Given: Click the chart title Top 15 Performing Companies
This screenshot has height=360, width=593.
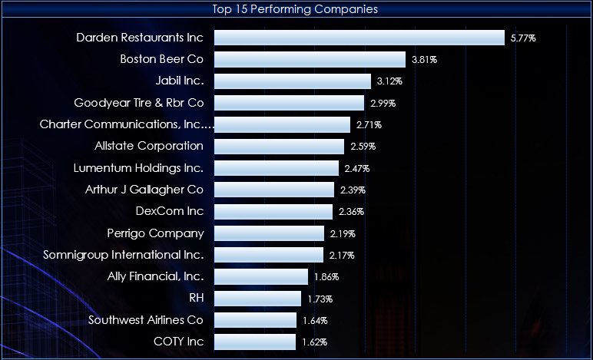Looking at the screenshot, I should tap(296, 9).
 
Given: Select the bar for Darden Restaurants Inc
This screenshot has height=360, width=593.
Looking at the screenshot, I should tap(359, 38).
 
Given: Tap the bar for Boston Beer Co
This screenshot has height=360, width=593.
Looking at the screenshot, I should tap(310, 59).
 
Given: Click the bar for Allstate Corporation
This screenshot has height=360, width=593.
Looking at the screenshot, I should tap(279, 146).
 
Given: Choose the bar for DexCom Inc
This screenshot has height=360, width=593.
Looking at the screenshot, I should tap(273, 211).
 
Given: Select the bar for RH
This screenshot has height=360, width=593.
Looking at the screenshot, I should tap(257, 298).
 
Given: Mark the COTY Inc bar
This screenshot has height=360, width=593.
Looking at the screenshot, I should tap(255, 342).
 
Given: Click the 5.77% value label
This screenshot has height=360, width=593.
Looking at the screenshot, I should tap(523, 38).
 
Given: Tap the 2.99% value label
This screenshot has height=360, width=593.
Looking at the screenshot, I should tap(383, 103).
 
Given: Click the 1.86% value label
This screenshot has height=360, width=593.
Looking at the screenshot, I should tap(326, 276).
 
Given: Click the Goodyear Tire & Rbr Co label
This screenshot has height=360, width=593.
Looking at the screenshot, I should tap(139, 102).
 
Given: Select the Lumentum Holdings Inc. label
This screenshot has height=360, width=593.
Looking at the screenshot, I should tap(139, 167).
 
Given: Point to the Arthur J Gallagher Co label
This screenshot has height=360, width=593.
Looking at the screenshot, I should tap(144, 189).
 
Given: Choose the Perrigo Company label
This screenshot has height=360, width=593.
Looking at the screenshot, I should tap(156, 233).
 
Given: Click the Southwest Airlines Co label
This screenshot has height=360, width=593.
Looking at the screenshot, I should tap(146, 319).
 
